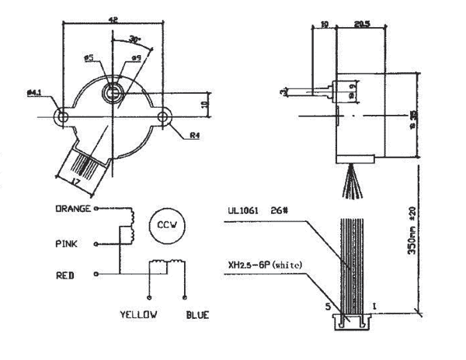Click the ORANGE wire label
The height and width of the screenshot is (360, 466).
tap(74, 209)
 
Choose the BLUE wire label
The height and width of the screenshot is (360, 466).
tap(197, 315)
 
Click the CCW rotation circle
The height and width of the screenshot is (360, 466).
tap(165, 225)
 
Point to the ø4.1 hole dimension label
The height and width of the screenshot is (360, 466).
tap(34, 93)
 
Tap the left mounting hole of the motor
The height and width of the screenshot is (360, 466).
tap(61, 117)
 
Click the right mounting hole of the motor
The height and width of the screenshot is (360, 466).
tap(165, 117)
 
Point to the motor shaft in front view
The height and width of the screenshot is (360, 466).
tap(113, 92)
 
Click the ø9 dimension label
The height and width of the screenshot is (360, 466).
tap(136, 57)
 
